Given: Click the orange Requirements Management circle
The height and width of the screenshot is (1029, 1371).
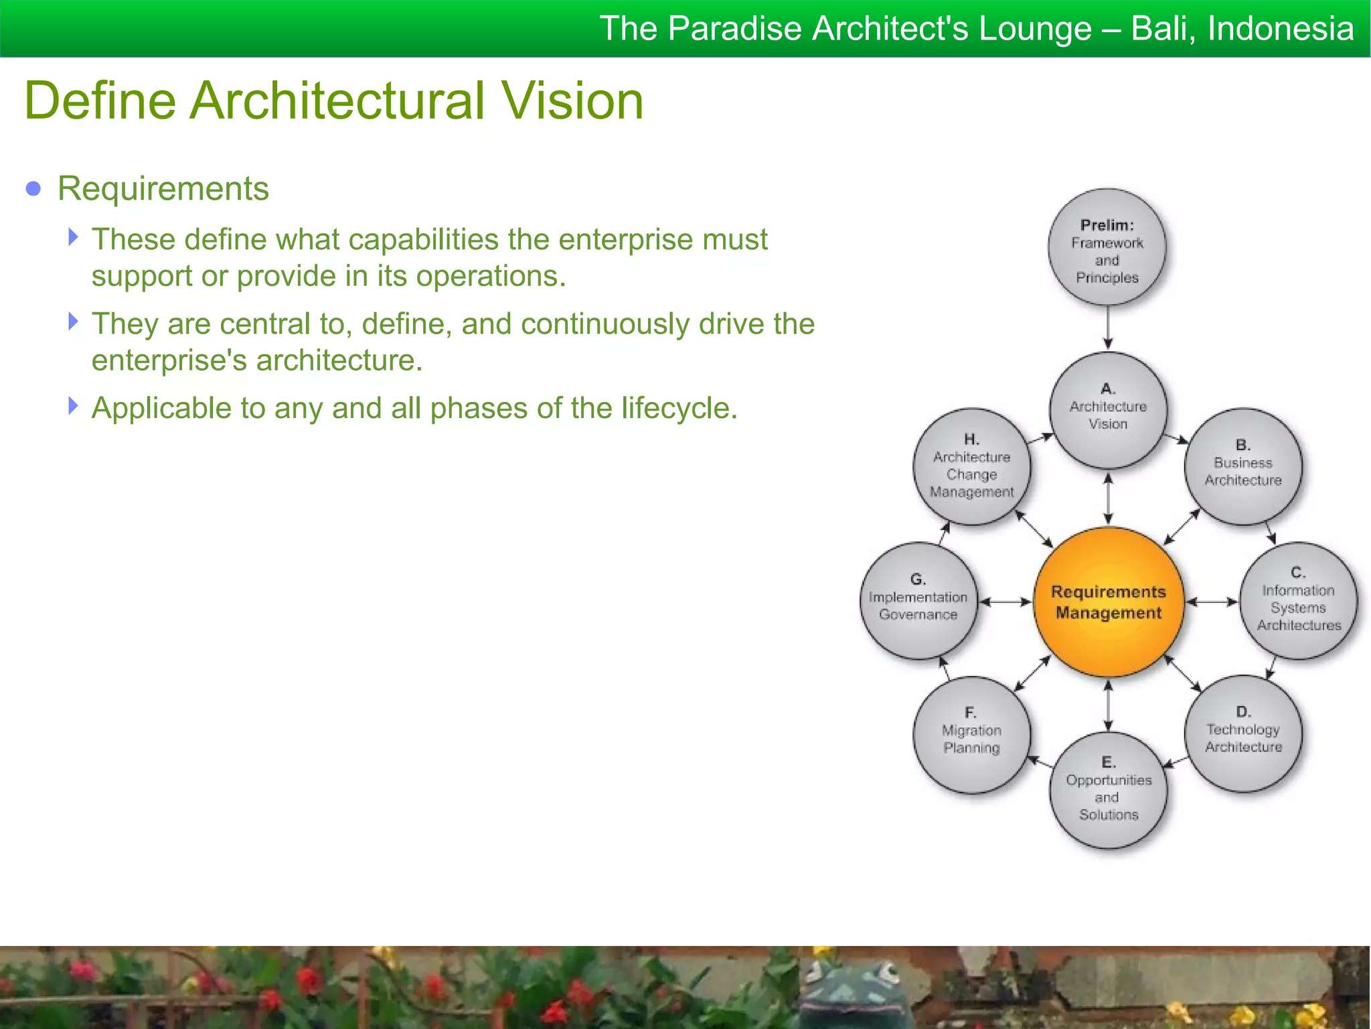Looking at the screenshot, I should tap(1108, 602).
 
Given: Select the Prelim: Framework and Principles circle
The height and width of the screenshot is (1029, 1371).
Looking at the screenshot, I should tap(1107, 249).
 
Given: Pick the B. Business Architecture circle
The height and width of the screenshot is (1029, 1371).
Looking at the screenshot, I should tap(1242, 466).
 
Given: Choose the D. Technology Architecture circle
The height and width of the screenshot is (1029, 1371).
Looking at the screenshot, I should tap(1243, 734).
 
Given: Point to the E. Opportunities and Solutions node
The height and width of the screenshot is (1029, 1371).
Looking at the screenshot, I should tap(1108, 791).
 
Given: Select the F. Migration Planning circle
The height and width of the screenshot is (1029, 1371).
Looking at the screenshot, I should tap(971, 735).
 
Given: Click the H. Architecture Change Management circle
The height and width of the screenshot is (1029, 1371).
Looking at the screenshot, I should tap(971, 466).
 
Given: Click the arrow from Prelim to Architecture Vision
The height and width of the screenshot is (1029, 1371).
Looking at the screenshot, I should tap(1108, 328).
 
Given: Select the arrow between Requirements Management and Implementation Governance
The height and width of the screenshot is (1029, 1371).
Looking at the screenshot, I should tap(1005, 602).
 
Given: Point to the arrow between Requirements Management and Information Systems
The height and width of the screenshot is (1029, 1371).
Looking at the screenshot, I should tap(1212, 602).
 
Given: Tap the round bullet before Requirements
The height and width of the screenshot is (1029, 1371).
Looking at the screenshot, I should tap(33, 189).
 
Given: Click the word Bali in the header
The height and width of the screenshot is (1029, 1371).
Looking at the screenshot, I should tap(1161, 29).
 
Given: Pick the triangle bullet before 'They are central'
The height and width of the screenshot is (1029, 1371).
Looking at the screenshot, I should tap(74, 322).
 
